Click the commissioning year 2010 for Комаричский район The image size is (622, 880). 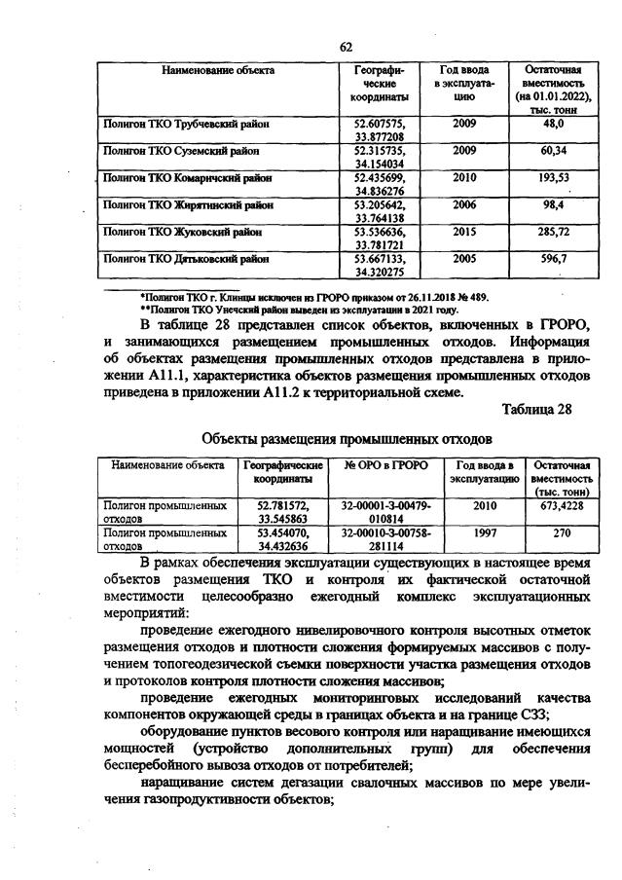click(x=464, y=178)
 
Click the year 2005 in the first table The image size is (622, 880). click(x=464, y=259)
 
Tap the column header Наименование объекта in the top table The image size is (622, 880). click(x=218, y=71)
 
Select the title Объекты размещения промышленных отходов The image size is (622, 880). click(x=345, y=439)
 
